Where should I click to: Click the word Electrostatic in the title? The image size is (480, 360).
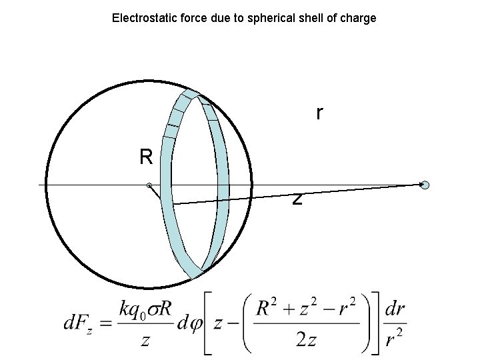click(x=141, y=18)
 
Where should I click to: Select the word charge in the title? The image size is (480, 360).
click(x=359, y=18)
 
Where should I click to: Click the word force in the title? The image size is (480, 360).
click(x=189, y=18)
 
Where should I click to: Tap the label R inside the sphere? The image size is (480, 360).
click(x=147, y=157)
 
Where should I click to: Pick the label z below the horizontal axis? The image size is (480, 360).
click(x=297, y=198)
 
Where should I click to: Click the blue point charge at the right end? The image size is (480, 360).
click(x=425, y=185)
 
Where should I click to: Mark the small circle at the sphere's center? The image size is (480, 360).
click(x=149, y=185)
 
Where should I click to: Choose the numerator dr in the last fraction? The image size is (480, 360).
click(x=395, y=310)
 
